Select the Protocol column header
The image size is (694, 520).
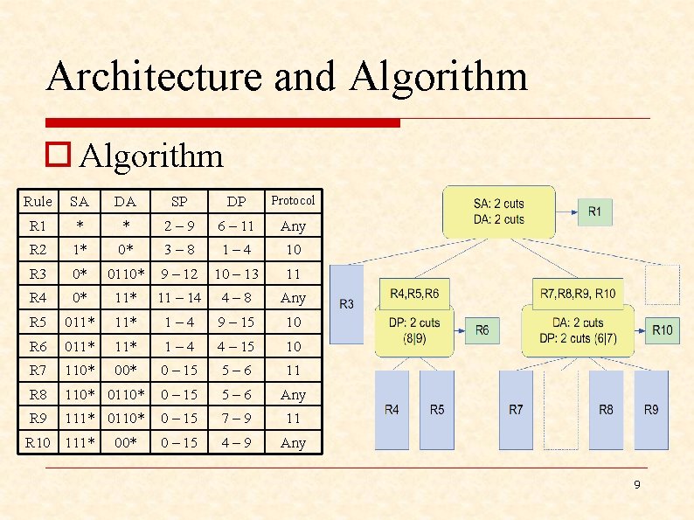[293, 200]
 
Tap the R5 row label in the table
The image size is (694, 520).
[38, 322]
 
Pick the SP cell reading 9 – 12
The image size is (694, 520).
[179, 274]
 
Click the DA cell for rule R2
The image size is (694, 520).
[126, 249]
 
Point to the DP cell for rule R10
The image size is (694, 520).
[237, 442]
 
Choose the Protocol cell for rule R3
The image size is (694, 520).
[293, 274]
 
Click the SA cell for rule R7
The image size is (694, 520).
[80, 371]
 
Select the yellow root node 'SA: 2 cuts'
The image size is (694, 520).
[499, 211]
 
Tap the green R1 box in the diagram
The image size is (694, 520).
[594, 211]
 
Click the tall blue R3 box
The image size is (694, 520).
[348, 303]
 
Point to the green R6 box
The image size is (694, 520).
[482, 329]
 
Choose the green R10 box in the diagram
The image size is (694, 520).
[663, 329]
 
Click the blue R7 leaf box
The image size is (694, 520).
[516, 409]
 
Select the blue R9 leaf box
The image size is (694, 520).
[650, 409]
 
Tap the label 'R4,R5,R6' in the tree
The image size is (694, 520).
[414, 294]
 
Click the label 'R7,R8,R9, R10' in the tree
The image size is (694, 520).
[578, 294]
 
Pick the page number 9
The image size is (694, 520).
[637, 483]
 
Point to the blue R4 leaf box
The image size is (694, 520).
[392, 409]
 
